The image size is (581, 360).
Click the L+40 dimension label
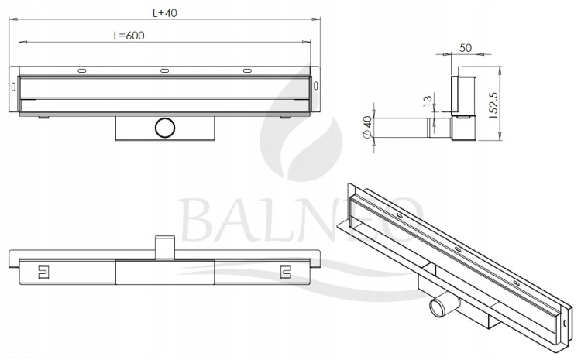click(x=165, y=13)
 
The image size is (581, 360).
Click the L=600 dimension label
click(x=129, y=36)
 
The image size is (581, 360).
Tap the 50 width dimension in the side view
click(x=466, y=48)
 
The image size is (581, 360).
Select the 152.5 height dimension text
click(x=494, y=105)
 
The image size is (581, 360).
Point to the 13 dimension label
click(x=428, y=101)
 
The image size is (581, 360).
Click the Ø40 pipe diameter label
click(x=367, y=127)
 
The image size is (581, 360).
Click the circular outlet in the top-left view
click(x=165, y=128)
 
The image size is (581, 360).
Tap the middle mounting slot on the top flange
click(x=164, y=70)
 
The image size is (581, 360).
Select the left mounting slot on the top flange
click(x=82, y=70)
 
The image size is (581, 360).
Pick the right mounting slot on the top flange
click(x=247, y=70)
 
